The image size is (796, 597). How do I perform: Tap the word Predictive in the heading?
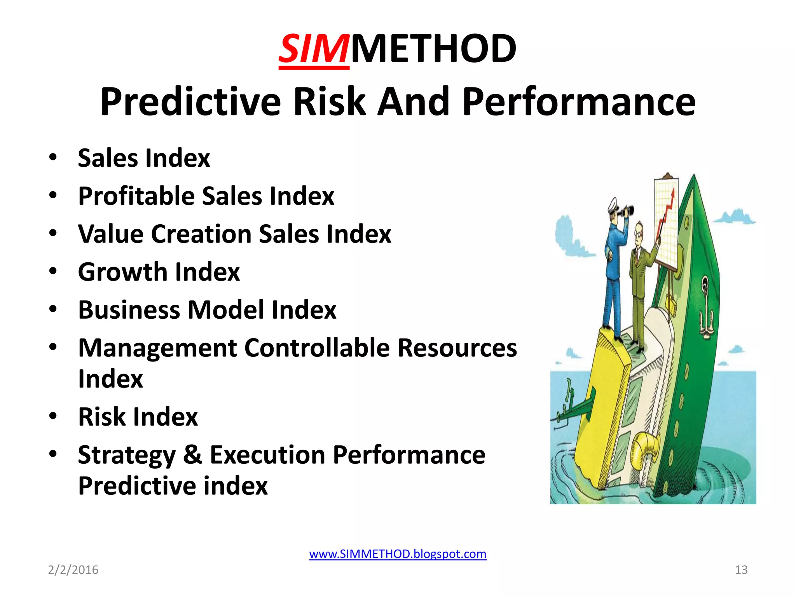click(x=190, y=102)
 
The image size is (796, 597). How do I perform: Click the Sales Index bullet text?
click(x=144, y=158)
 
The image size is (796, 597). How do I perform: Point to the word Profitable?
click(x=136, y=196)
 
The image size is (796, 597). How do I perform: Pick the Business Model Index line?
click(x=207, y=310)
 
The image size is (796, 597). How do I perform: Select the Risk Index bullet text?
click(x=138, y=417)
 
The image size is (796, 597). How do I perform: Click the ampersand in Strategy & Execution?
click(x=192, y=454)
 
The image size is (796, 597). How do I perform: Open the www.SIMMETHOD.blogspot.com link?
click(x=398, y=553)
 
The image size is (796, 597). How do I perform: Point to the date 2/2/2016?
click(x=73, y=570)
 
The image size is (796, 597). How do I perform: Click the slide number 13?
click(x=741, y=570)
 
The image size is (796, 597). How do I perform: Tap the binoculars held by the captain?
click(x=627, y=211)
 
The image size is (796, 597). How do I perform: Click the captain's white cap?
click(x=613, y=204)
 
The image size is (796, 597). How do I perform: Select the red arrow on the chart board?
click(x=667, y=210)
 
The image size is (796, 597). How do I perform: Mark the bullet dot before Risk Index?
click(x=53, y=416)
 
